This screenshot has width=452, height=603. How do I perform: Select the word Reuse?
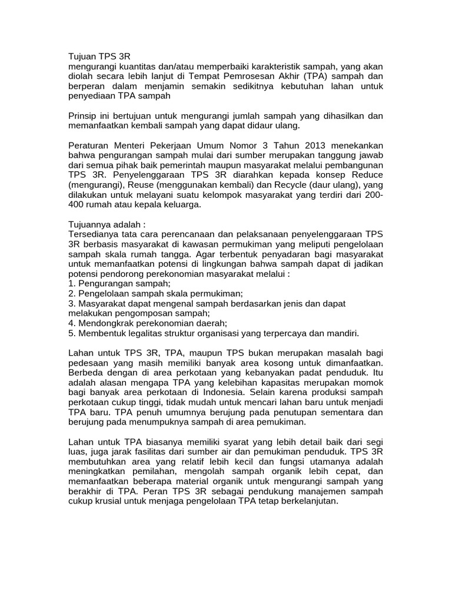pyautogui.click(x=142, y=185)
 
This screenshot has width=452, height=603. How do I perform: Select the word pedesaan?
pyautogui.click(x=89, y=362)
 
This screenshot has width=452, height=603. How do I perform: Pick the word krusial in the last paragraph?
pyautogui.click(x=111, y=501)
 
